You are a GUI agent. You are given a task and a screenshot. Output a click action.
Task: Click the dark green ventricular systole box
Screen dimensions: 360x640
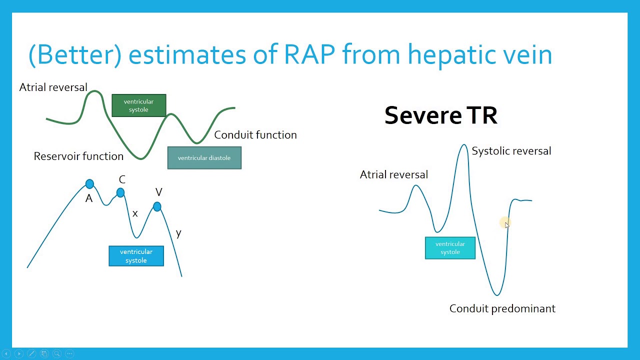[138, 105]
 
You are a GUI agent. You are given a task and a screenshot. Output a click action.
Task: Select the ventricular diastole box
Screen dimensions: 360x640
[204, 158]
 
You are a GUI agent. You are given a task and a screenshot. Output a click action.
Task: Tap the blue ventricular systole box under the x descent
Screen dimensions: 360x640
[136, 256]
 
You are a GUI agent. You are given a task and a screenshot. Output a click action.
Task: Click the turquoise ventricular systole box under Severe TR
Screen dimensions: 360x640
[450, 248]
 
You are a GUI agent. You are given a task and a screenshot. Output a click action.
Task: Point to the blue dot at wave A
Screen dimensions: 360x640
[89, 184]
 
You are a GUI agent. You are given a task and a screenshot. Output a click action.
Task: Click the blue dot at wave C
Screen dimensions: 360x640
[120, 192]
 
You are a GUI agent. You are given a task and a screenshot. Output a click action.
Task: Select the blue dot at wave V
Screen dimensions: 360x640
[157, 206]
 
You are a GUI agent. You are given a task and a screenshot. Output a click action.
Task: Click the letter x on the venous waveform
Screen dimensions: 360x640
[135, 213]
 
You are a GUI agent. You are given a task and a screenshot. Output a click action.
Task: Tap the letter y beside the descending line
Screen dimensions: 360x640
[178, 233]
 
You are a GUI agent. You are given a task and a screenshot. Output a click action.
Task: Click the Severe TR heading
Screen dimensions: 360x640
[440, 115]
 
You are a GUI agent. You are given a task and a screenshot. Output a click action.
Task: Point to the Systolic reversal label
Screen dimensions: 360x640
[511, 151]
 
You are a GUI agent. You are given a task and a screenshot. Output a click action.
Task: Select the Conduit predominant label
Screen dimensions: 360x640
[502, 308]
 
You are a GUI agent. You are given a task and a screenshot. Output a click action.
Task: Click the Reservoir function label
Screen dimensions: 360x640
[78, 156]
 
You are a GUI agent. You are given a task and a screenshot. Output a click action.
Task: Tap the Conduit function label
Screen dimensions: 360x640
[255, 135]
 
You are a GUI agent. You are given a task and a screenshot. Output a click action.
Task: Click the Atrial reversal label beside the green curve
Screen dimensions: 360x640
[53, 87]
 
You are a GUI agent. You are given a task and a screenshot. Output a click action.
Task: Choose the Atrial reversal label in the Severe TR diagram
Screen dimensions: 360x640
[393, 174]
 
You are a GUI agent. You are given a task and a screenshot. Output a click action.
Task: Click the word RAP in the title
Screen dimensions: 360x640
[309, 54]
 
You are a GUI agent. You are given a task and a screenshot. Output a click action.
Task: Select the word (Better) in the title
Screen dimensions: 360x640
[75, 54]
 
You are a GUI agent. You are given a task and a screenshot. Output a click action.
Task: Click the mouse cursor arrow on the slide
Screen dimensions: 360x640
[506, 224]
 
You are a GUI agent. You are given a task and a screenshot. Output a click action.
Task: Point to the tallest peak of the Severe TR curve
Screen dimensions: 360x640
[463, 145]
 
